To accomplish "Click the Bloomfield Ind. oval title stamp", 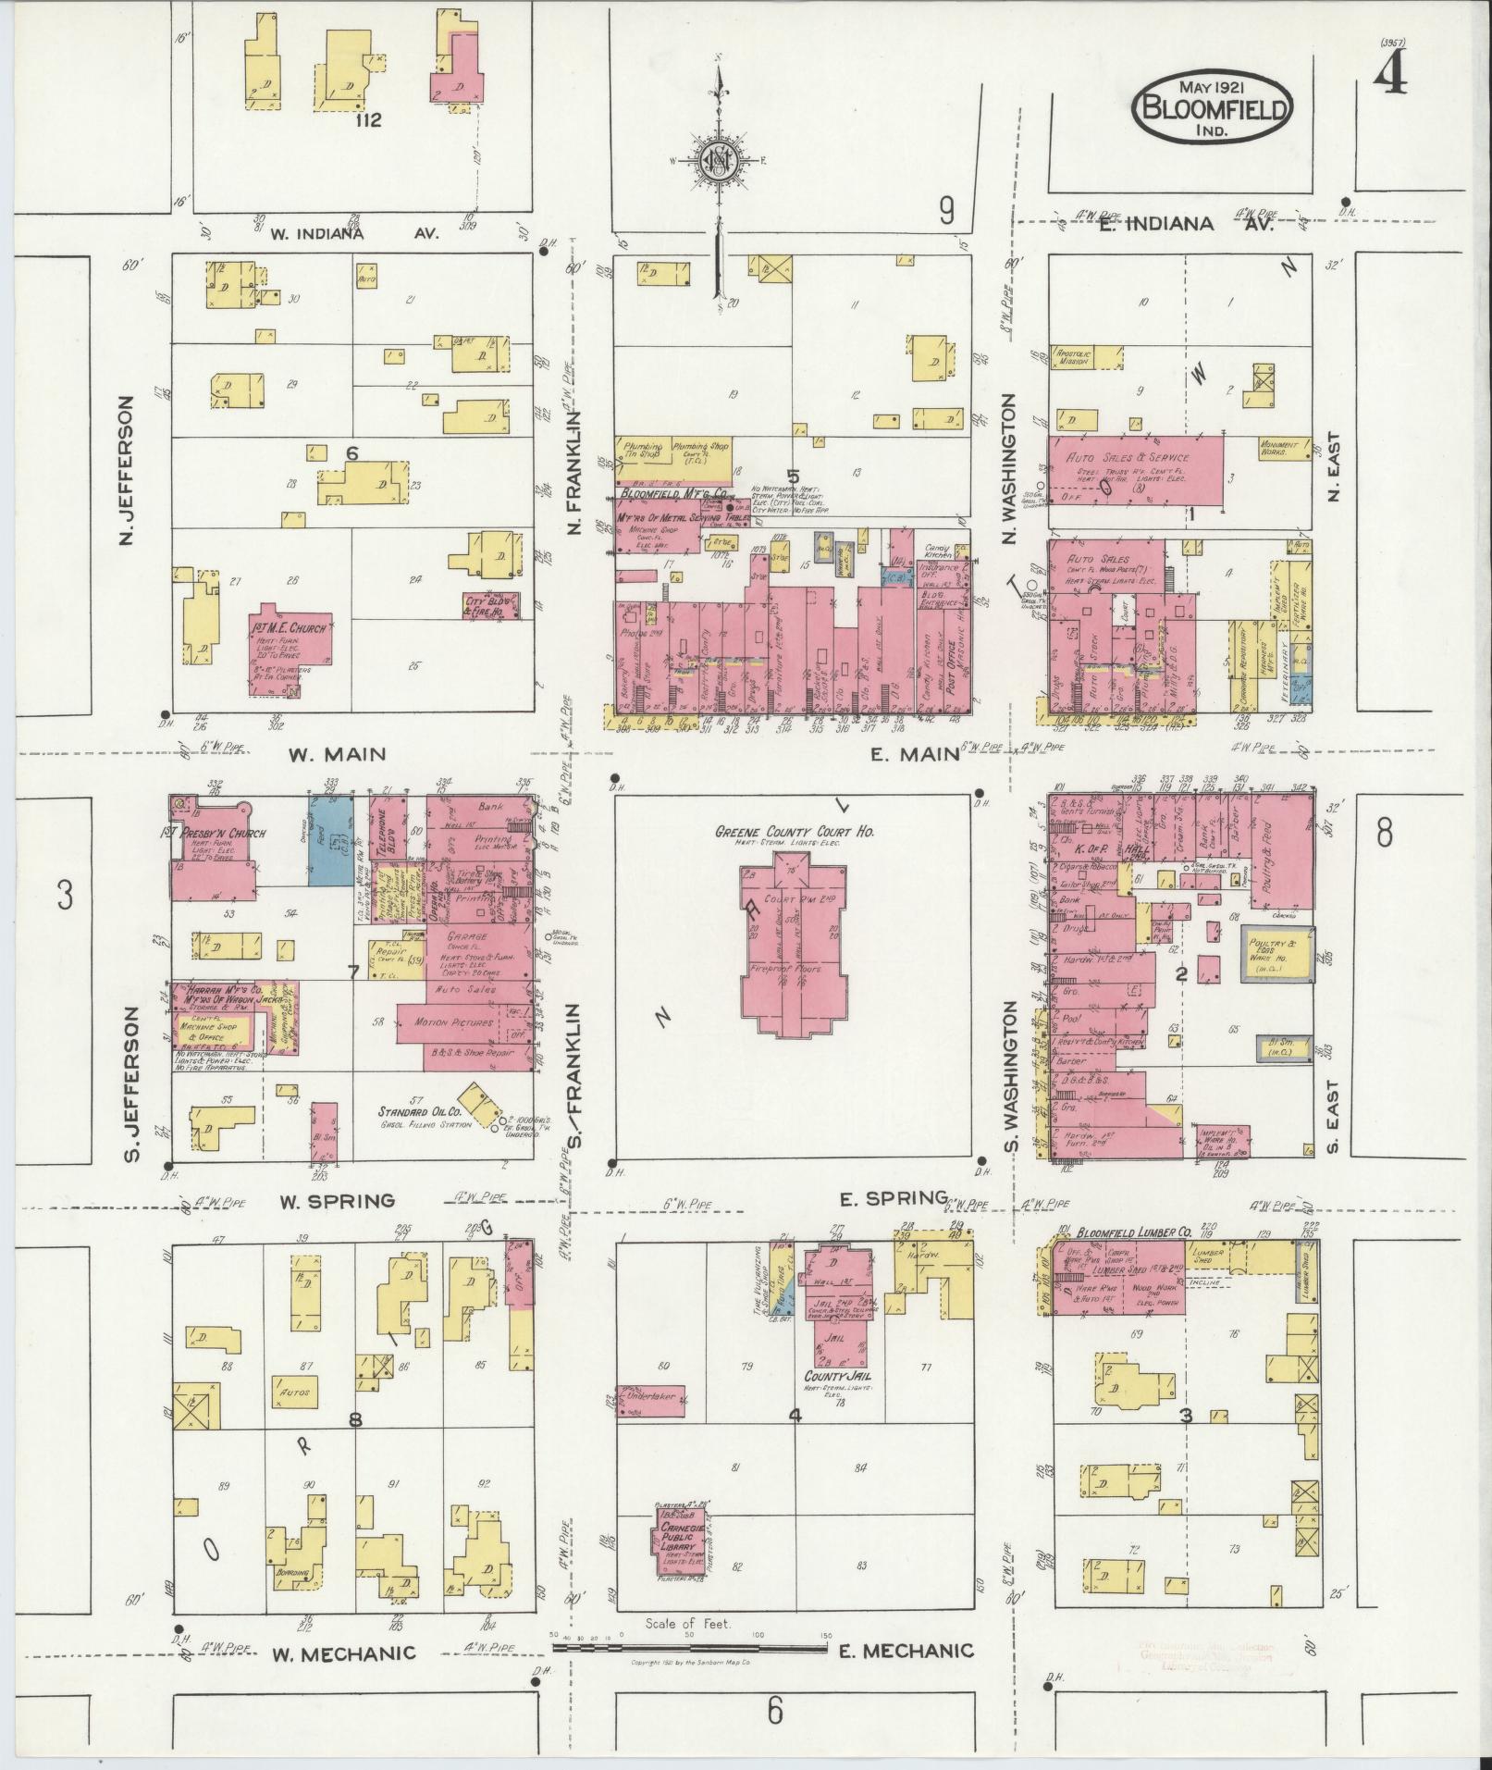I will (x=1213, y=108).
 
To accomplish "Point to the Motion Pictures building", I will (x=462, y=1022).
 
